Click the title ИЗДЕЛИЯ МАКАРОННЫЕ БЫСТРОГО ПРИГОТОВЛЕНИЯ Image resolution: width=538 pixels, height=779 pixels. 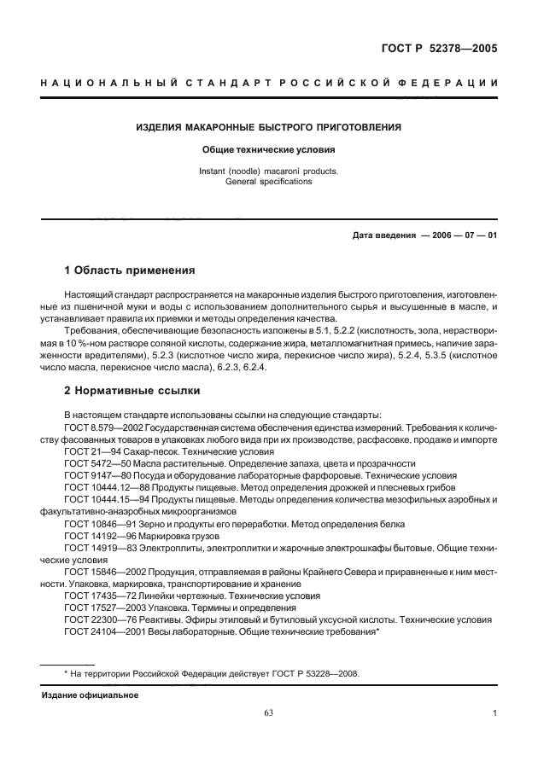(x=269, y=128)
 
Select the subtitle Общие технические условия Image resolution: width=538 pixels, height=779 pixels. (x=269, y=149)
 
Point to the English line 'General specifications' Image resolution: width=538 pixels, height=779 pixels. (x=269, y=182)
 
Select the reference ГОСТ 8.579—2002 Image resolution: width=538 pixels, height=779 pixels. (x=103, y=424)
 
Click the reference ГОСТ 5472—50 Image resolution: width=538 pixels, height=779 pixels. (x=96, y=462)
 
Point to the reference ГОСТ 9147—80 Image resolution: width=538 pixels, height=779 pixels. (x=96, y=474)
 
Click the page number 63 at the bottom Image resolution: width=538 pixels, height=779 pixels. (x=270, y=714)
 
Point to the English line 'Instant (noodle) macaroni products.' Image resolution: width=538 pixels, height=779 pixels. (x=269, y=171)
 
